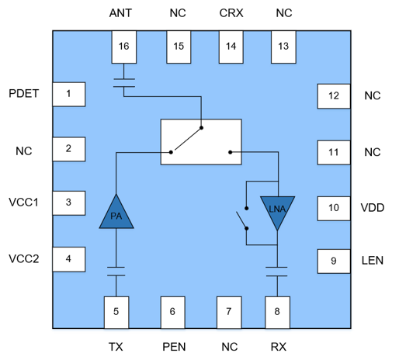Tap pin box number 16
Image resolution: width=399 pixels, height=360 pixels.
[124, 47]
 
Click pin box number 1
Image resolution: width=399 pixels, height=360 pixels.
[69, 95]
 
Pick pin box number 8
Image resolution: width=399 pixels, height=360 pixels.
[277, 313]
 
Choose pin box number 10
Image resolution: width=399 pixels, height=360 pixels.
[334, 209]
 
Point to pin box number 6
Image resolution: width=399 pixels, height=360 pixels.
[172, 313]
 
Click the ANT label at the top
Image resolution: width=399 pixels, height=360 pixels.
[120, 13]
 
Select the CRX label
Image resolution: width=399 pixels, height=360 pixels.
[231, 13]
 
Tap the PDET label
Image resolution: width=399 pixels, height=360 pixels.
[24, 94]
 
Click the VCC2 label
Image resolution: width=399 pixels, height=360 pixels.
[24, 258]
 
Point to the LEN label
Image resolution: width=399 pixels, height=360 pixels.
[373, 261]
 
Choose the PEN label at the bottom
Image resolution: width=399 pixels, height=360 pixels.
[174, 347]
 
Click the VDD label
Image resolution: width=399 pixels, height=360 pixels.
[373, 208]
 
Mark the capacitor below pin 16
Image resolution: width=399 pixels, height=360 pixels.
[124, 83]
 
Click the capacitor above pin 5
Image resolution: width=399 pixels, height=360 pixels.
[116, 272]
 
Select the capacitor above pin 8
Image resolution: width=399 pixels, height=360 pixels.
[277, 272]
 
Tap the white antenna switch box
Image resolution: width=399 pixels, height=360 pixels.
[201, 142]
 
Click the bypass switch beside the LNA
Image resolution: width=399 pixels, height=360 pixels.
[243, 219]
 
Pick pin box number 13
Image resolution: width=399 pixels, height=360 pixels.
[283, 47]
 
